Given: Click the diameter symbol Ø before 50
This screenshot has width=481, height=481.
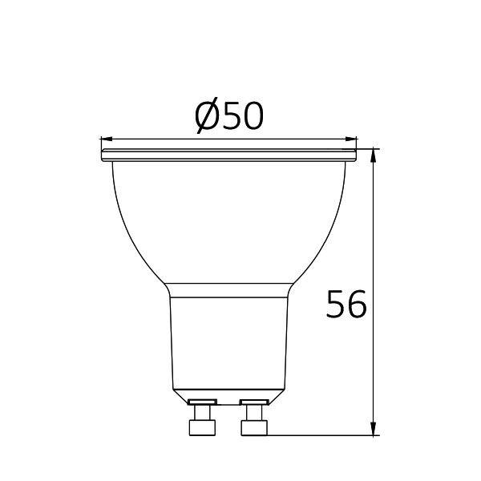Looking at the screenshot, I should point(208,118).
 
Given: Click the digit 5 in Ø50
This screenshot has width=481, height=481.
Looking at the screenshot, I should point(232,118).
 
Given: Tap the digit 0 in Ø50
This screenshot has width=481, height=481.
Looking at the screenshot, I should point(253,118).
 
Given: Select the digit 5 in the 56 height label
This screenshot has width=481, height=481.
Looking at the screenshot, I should point(337,305).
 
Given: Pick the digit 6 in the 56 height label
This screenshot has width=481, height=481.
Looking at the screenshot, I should point(358,305).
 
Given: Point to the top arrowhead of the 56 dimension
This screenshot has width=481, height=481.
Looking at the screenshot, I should point(375,155).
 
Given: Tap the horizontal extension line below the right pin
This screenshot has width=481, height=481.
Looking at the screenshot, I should point(321,436).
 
